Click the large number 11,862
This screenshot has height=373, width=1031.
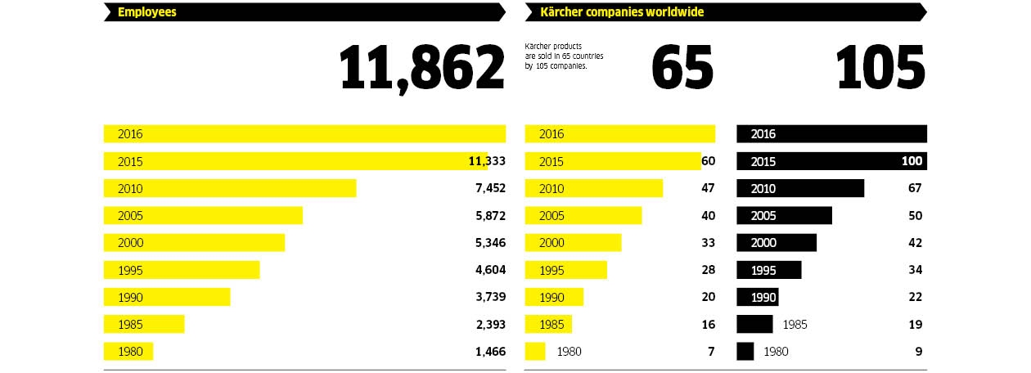point(421,68)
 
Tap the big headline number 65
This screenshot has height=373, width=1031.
point(682,68)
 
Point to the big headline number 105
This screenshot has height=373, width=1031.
point(880,68)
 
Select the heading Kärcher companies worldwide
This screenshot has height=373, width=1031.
point(622,12)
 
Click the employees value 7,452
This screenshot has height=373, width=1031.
point(490,188)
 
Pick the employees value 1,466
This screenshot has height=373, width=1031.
point(490,352)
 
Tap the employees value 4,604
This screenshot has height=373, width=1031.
point(490,270)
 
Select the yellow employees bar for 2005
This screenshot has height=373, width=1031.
point(203,215)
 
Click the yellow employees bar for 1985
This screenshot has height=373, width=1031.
point(144,325)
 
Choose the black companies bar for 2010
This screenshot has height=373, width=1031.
point(800,188)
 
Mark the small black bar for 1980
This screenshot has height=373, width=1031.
point(745,352)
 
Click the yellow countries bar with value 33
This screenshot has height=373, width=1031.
point(573,243)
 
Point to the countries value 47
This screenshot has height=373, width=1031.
point(708,188)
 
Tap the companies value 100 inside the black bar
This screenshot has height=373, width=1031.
point(912,161)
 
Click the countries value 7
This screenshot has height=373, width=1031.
point(711,352)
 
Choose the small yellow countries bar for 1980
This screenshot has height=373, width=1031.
point(535,352)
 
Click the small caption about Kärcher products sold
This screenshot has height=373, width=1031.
point(565,56)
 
